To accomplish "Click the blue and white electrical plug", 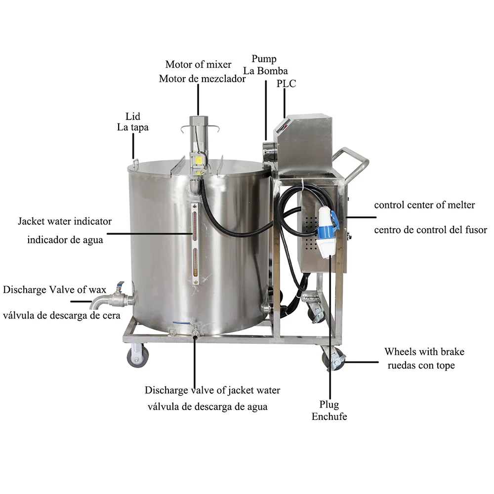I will [x=327, y=232].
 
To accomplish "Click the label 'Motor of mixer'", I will [x=198, y=64].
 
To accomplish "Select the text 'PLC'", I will [x=287, y=84].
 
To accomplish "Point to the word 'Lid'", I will [x=133, y=117].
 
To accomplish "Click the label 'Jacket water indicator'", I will [x=65, y=221].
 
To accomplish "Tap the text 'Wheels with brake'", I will [x=424, y=352].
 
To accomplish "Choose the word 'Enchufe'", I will [x=329, y=416].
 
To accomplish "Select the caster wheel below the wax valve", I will [x=137, y=356].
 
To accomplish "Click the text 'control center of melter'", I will [x=424, y=205].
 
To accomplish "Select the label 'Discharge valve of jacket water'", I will [x=212, y=390].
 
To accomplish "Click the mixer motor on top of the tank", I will [x=199, y=143].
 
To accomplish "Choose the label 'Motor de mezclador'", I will [x=202, y=79].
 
